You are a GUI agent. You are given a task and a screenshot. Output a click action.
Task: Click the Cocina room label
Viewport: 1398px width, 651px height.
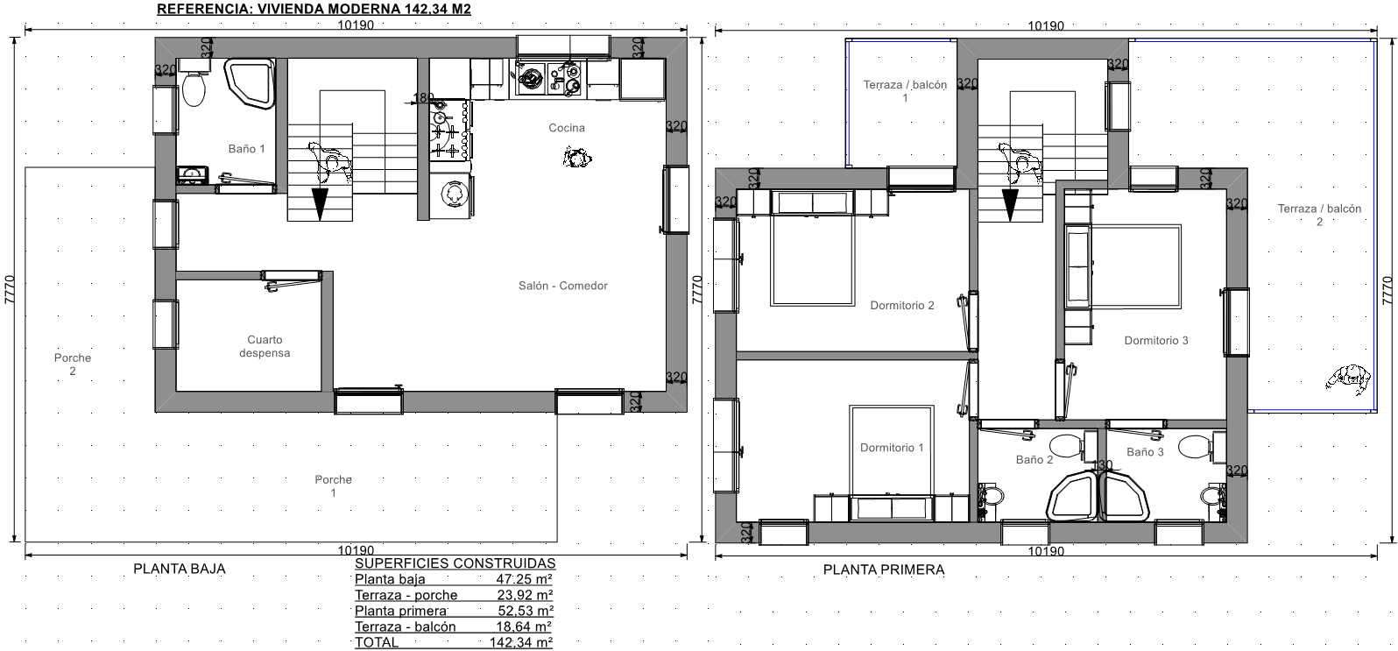(x=567, y=128)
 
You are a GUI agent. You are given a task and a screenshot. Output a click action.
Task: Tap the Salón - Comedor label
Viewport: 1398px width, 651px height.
(x=563, y=286)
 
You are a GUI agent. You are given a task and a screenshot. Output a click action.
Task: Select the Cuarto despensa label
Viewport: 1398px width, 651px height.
(x=265, y=346)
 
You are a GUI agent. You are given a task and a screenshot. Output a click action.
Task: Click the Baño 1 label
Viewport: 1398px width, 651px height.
(x=246, y=149)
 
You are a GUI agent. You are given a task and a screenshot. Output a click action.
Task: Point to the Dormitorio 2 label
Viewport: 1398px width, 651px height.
(x=902, y=306)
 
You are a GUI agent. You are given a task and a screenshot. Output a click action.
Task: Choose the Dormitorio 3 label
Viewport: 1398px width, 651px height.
(x=1156, y=341)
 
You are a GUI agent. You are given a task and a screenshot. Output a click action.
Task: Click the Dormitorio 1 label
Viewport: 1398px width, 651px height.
(x=892, y=448)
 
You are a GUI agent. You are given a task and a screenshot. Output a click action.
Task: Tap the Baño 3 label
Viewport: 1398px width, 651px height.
(x=1145, y=452)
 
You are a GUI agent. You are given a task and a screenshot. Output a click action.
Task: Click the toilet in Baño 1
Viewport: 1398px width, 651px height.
(x=194, y=88)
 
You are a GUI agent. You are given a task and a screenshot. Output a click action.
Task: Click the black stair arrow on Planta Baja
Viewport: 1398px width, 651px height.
(x=321, y=204)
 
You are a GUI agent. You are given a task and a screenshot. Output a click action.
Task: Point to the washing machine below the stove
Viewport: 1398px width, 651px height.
(x=452, y=195)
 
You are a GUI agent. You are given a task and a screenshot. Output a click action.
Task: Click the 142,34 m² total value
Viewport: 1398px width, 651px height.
(x=521, y=642)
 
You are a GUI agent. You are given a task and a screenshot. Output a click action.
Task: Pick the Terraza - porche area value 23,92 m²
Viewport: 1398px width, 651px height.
(x=525, y=596)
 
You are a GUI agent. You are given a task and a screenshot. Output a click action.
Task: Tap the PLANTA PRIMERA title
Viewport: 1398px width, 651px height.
(x=884, y=570)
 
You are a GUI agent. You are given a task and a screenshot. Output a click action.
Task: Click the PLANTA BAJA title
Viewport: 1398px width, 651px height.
(x=180, y=570)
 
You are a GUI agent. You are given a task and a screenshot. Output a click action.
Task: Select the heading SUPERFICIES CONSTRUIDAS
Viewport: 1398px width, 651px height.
(x=455, y=563)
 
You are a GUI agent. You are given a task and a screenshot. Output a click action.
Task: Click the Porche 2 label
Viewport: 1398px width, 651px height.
(x=73, y=364)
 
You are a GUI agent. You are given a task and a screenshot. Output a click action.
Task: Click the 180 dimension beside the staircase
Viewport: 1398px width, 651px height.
(x=423, y=98)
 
